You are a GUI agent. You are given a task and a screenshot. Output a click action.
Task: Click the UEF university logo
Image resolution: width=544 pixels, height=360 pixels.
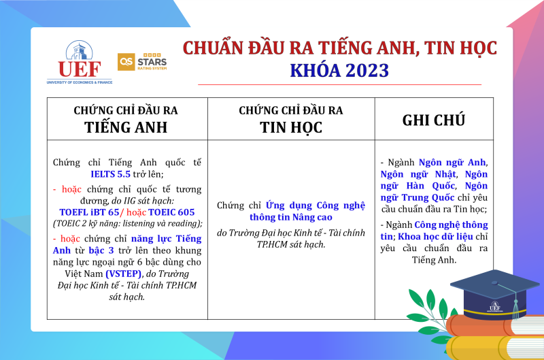pyautogui.click(x=80, y=62)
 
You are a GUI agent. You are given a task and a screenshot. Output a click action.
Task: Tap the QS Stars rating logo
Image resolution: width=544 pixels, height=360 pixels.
pyautogui.click(x=142, y=62)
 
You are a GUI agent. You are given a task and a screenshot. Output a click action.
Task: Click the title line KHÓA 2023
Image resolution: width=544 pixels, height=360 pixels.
pyautogui.click(x=339, y=71)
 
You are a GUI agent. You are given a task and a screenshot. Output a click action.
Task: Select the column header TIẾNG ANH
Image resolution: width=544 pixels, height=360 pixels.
pyautogui.click(x=126, y=127)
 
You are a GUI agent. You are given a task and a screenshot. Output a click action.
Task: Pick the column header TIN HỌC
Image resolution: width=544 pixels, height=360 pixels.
pyautogui.click(x=291, y=127)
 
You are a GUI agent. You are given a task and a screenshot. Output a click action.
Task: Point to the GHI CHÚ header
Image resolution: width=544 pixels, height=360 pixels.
pyautogui.click(x=434, y=120)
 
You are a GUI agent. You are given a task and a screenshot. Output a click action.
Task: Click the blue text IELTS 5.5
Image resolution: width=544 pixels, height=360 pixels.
pyautogui.click(x=110, y=174)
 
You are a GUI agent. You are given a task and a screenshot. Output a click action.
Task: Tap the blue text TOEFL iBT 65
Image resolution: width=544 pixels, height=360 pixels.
pyautogui.click(x=89, y=212)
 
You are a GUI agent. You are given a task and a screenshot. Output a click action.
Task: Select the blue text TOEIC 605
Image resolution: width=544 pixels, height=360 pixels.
pyautogui.click(x=171, y=212)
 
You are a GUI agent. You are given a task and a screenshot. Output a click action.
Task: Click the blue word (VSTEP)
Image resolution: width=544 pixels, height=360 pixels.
pyautogui.click(x=124, y=274)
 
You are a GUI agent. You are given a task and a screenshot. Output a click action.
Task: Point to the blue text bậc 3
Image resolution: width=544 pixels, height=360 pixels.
pyautogui.click(x=101, y=250)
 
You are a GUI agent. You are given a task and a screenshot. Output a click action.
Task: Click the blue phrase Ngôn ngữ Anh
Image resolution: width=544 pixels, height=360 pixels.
pyautogui.click(x=452, y=163)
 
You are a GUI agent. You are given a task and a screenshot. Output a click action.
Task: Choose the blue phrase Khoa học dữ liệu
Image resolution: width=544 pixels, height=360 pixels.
pyautogui.click(x=435, y=236)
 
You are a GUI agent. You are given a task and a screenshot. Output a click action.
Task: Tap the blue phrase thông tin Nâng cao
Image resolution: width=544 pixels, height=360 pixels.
pyautogui.click(x=291, y=217)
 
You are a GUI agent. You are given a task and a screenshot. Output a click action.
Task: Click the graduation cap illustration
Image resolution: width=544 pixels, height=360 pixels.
pyautogui.click(x=495, y=295)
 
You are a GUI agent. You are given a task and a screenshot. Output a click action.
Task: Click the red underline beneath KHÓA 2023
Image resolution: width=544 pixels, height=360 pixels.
pyautogui.click(x=339, y=84)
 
